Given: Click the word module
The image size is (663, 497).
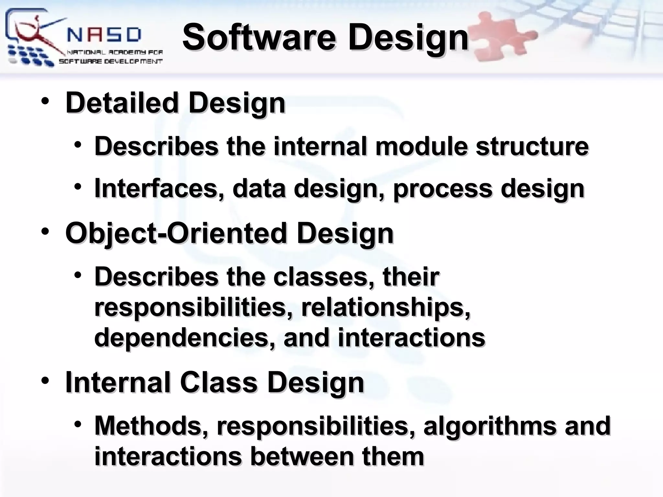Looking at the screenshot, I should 421,146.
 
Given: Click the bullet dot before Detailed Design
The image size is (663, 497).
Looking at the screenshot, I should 45,102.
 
